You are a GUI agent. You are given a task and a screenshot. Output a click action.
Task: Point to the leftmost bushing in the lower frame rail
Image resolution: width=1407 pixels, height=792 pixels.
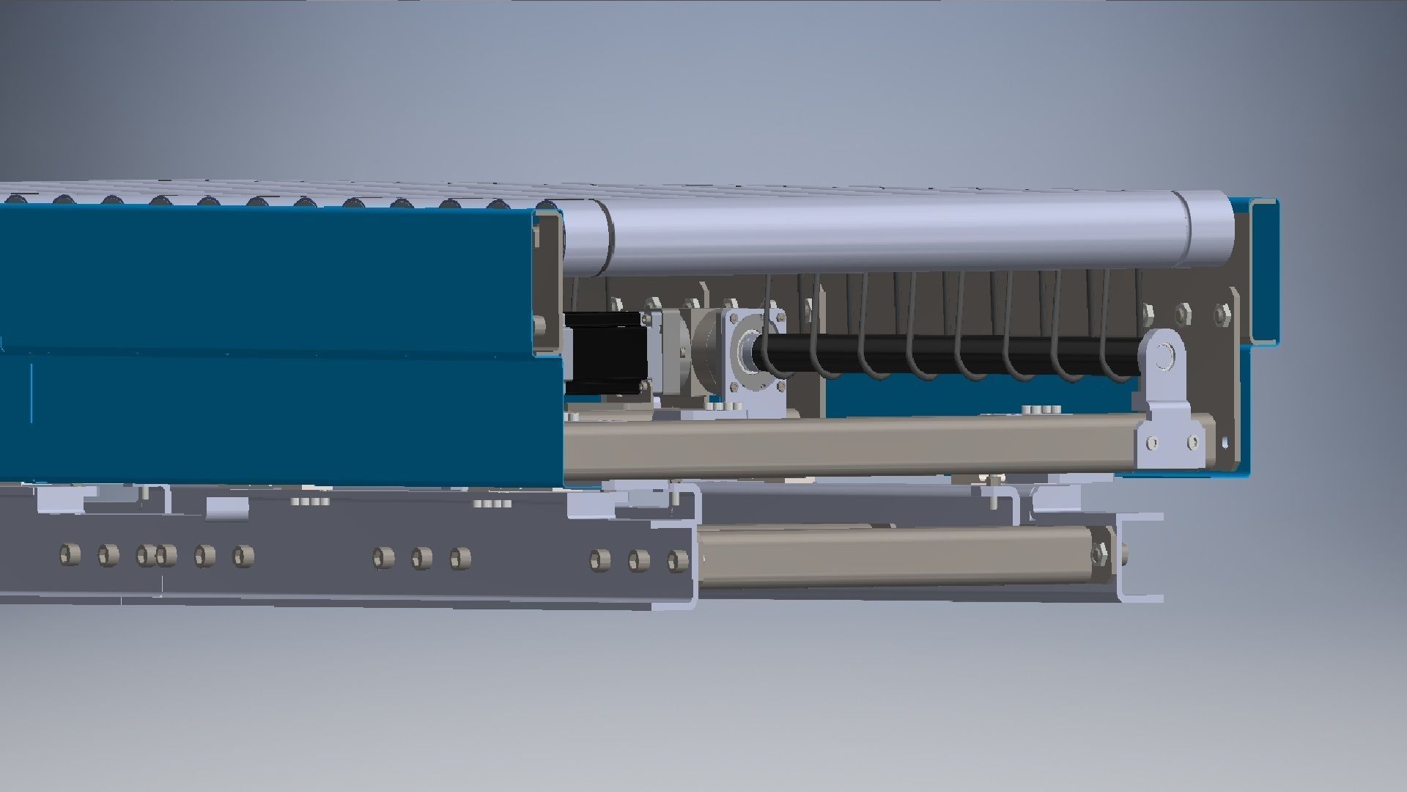(70, 554)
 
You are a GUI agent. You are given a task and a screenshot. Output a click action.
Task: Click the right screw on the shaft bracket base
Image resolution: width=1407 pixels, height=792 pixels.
(1193, 443)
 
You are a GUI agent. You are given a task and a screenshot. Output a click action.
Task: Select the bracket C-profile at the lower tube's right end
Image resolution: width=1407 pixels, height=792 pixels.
(1140, 557)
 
